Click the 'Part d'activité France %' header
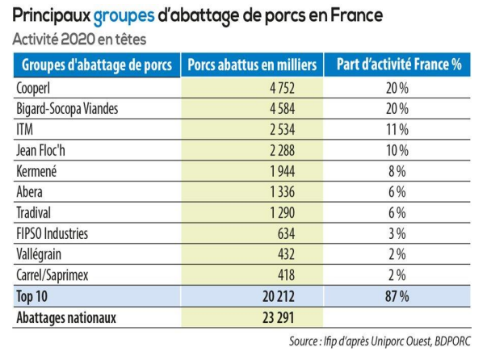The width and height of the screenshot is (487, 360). tap(397, 65)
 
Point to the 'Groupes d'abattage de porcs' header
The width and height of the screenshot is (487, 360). tap(96, 65)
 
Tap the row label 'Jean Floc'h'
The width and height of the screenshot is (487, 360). tap(44, 149)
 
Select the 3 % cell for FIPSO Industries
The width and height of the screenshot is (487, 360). tap(397, 233)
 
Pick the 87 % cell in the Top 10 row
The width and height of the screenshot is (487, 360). tap(397, 296)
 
